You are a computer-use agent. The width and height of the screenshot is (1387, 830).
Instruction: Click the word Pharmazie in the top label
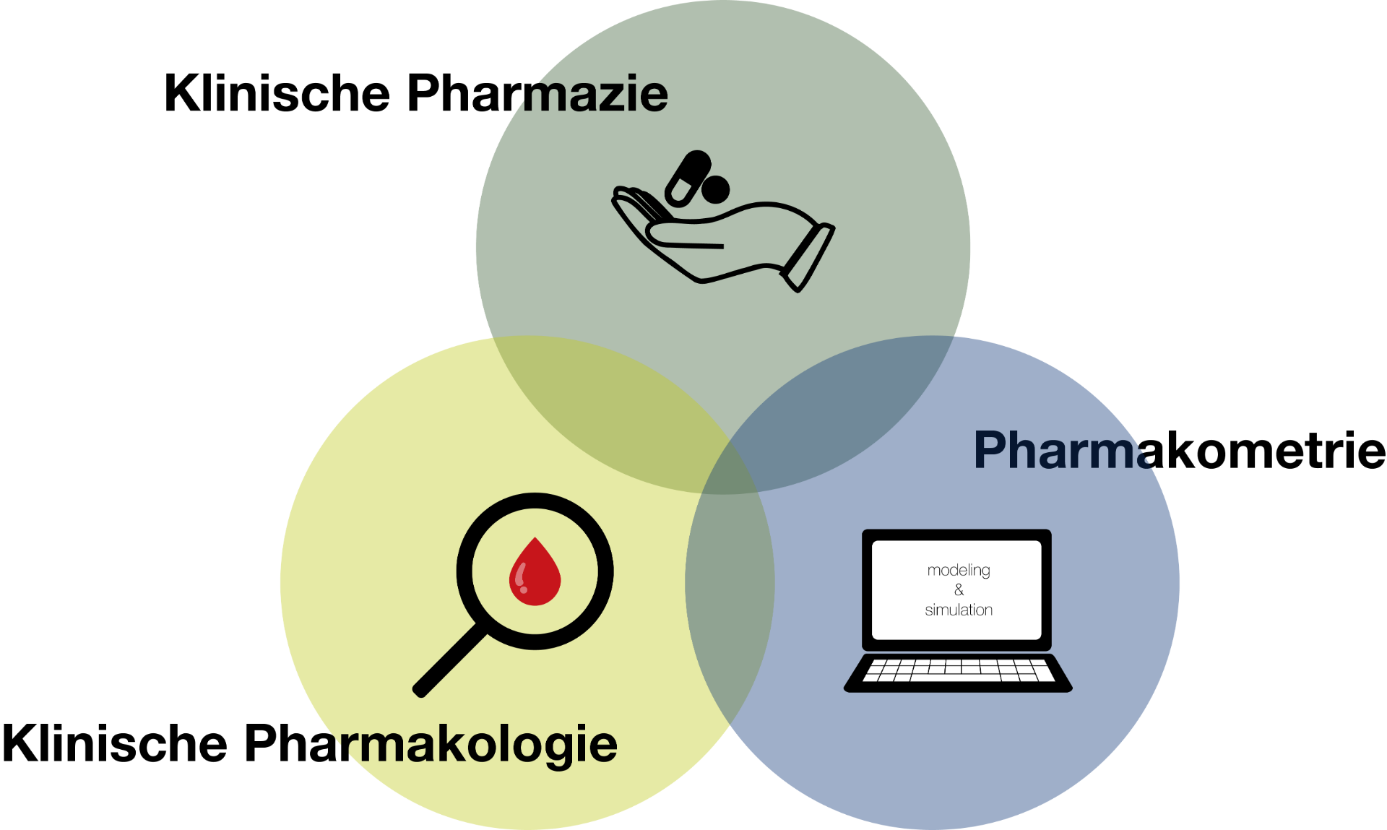pos(537,93)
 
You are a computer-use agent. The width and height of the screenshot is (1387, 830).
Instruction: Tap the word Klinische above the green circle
pos(277,93)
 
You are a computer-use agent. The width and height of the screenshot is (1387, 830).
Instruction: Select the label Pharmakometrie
pos(1180,450)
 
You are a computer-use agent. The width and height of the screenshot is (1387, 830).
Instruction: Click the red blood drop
pos(535,574)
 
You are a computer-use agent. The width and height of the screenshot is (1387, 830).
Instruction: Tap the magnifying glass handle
pos(449,660)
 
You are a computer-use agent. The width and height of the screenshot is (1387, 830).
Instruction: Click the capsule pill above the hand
pos(687,178)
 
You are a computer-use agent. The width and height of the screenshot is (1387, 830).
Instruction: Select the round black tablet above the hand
pos(716,190)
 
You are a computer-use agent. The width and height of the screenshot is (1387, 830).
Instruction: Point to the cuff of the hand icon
pos(809,257)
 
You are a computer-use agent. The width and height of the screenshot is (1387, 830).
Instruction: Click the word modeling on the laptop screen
pos(959,570)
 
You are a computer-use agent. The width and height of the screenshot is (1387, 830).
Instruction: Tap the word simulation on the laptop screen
pos(959,610)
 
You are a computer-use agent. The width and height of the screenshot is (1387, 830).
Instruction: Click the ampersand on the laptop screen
pos(959,590)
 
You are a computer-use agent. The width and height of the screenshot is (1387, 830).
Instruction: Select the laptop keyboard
pos(958,670)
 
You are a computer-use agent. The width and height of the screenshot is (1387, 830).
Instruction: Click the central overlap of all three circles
pos(726,470)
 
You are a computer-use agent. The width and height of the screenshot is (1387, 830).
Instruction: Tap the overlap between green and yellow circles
pos(607,412)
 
